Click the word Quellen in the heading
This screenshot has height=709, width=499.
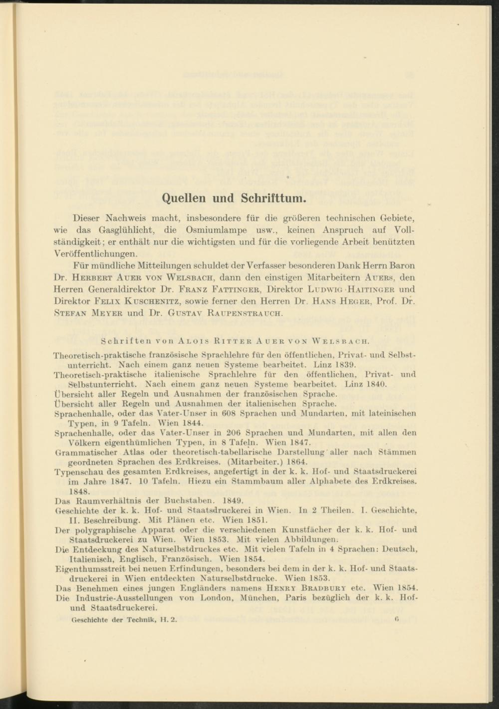point(184,198)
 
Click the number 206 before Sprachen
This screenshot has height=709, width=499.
point(229,433)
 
